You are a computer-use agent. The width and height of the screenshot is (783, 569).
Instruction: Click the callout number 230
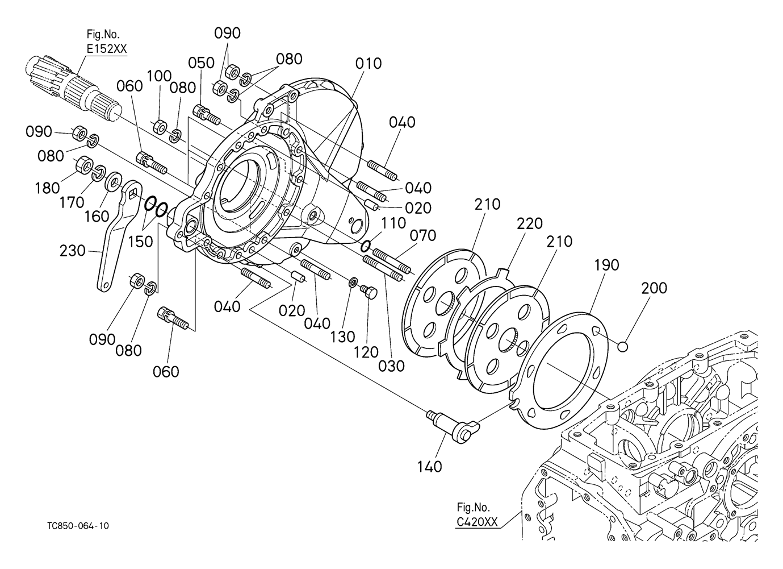point(72,251)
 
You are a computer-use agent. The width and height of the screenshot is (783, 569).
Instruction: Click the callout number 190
point(606,265)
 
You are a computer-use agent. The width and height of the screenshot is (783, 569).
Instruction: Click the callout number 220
point(530,223)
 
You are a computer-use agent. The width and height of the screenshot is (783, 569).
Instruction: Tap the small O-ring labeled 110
point(366,246)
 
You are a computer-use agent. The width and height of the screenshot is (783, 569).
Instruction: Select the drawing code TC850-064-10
point(78,526)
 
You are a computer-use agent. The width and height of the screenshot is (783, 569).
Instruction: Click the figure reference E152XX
point(107,49)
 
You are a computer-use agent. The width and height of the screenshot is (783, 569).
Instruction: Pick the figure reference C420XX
point(477,522)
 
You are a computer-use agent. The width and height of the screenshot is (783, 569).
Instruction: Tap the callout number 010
point(369,63)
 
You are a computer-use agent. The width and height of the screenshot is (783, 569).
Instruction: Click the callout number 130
point(342,337)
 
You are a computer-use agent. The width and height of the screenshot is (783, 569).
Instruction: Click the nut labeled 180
point(84,165)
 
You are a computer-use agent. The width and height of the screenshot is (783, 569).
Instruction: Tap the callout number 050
point(201,63)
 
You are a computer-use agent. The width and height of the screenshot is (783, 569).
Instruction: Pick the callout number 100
point(159,76)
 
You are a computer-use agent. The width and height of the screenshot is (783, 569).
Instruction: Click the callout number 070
point(422,235)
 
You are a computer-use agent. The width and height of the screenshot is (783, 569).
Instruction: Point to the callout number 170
point(72,202)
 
